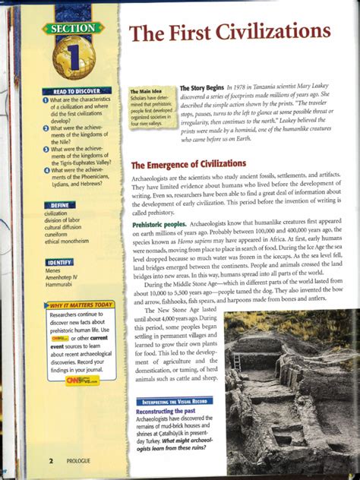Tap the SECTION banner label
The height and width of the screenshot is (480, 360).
tap(72, 29)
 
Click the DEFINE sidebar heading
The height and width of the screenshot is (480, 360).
tap(60, 205)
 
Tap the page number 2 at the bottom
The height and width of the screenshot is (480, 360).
tap(50, 460)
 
